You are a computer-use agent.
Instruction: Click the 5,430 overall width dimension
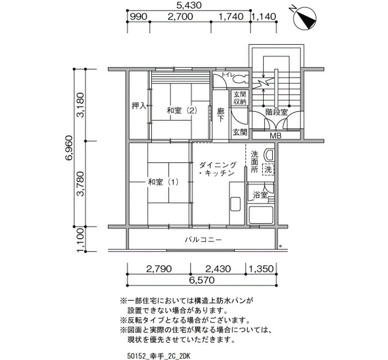coord(190,5)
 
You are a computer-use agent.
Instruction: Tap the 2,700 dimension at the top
coord(180,17)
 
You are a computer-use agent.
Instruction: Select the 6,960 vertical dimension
coord(69,148)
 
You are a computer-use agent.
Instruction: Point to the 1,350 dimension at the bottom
coord(261,269)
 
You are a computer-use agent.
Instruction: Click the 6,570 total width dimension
coord(202,280)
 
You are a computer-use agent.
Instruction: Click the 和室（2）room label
coord(182,111)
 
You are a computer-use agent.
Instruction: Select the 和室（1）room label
coord(164,182)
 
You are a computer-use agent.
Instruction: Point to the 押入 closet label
coord(139,106)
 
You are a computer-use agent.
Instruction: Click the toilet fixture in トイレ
coord(238,79)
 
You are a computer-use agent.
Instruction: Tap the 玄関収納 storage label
coord(240,97)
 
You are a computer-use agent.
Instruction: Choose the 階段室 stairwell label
coord(277,112)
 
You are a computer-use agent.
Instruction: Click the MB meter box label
coord(275,136)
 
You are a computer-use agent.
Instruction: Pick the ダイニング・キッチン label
coord(218,169)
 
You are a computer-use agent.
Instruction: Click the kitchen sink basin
coord(236,204)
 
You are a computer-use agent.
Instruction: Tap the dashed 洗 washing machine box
coord(268,169)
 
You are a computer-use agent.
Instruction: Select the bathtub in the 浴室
coord(261,215)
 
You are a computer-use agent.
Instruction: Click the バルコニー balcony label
coord(203,240)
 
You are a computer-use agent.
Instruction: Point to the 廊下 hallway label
coord(221,115)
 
